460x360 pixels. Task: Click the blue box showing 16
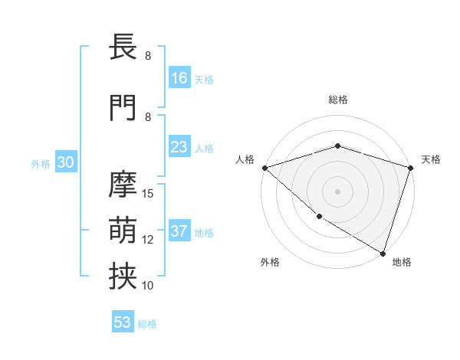(179, 78)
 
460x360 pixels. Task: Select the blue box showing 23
(179, 147)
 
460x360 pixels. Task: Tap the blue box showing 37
(179, 231)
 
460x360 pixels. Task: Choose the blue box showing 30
(65, 162)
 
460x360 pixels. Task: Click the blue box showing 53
(123, 322)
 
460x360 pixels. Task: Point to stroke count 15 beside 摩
(149, 193)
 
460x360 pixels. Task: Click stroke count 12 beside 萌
(149, 239)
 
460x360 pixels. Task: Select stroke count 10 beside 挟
(149, 285)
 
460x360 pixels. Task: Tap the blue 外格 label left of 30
(41, 163)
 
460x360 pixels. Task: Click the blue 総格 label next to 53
(147, 324)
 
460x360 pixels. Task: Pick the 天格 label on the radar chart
(431, 159)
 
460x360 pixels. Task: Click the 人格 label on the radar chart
(245, 159)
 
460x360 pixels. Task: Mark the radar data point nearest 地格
(383, 253)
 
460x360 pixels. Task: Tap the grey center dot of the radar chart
(338, 191)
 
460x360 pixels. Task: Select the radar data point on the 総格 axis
(338, 146)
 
